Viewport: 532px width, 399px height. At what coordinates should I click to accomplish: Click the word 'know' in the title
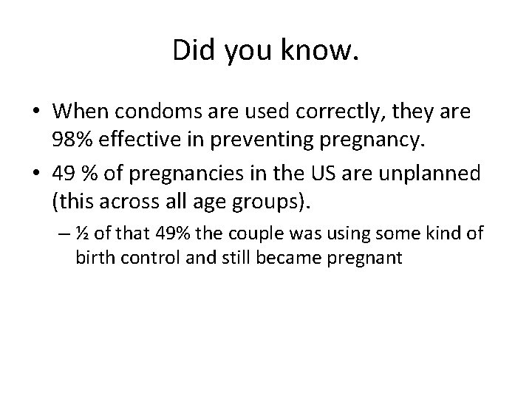[x=316, y=51]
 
